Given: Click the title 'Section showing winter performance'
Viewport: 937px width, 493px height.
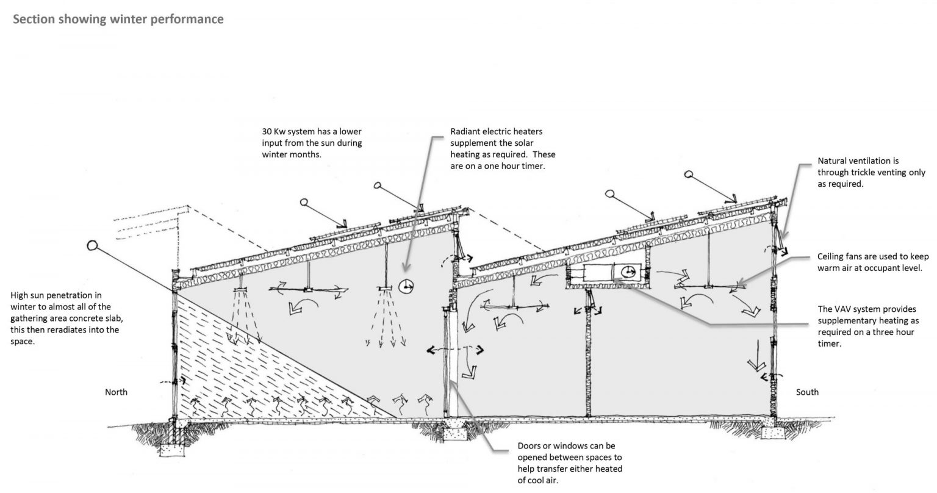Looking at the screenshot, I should click(x=118, y=20).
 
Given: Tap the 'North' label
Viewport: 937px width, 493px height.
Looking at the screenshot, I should click(x=116, y=392).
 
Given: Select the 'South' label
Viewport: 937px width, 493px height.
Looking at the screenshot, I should click(x=807, y=392).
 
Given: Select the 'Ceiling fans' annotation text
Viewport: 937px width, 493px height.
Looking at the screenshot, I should click(x=842, y=257).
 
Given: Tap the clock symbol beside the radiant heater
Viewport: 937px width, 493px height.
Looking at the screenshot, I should click(x=405, y=285).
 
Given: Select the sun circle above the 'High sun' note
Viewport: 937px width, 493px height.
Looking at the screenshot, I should click(x=93, y=246).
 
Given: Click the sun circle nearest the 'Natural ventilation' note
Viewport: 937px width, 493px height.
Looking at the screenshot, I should click(x=690, y=174).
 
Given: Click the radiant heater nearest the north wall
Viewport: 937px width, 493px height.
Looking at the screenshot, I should click(x=239, y=287).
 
